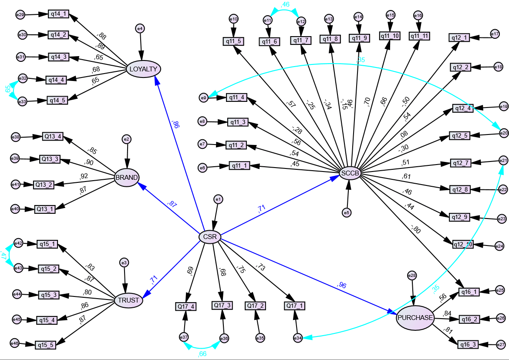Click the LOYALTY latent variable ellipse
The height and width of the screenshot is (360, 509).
tap(143, 69)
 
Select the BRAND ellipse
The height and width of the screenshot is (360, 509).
tap(127, 177)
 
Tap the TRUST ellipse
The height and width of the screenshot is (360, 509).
tap(129, 300)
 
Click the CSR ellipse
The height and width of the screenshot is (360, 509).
tap(210, 237)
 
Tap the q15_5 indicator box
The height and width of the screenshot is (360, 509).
tap(46, 345)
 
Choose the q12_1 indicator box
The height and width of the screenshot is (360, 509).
tap(460, 38)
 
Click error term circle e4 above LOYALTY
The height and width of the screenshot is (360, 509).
tap(140, 29)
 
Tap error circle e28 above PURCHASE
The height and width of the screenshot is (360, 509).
tap(411, 275)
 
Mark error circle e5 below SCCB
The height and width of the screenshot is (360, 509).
tap(347, 212)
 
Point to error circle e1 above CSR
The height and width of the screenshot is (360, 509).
tap(218, 199)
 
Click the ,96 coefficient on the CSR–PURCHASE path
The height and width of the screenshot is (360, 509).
tap(342, 285)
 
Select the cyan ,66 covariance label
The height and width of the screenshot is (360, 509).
tap(202, 353)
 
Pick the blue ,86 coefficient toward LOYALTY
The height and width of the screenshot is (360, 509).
tap(175, 125)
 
